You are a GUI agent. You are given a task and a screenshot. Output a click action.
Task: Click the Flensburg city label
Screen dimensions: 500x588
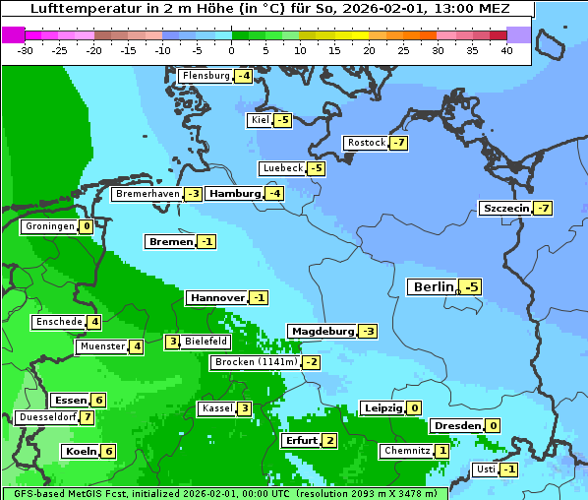(x=206, y=76)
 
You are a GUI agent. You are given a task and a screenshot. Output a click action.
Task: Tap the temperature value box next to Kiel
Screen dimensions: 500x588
(x=283, y=120)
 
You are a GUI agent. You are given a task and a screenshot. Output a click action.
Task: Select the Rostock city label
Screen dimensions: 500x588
(x=366, y=143)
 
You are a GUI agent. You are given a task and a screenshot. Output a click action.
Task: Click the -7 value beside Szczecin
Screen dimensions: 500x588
(x=543, y=208)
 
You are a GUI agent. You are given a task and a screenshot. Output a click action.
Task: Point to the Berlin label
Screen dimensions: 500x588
(x=433, y=286)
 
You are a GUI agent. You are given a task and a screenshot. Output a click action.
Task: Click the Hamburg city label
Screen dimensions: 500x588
(x=234, y=194)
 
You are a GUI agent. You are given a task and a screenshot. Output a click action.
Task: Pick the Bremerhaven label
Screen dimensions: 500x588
(x=147, y=194)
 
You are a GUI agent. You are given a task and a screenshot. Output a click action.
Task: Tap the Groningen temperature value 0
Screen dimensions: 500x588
(x=87, y=226)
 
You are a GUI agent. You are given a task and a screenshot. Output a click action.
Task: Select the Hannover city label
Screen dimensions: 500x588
(x=216, y=297)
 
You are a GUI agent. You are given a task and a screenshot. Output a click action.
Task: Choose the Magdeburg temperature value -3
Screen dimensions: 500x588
(x=368, y=331)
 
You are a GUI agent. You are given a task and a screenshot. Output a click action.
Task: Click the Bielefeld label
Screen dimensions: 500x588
(x=206, y=342)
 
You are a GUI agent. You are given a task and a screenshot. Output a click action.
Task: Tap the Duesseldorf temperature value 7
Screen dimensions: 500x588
(x=88, y=417)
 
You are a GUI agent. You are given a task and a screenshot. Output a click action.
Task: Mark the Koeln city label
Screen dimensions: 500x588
(x=80, y=451)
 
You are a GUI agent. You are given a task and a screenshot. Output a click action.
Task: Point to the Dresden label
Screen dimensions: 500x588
(x=457, y=425)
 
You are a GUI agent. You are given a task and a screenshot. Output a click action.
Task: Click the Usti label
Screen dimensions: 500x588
(x=485, y=469)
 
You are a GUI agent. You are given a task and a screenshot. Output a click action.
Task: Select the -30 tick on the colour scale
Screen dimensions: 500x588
(x=26, y=50)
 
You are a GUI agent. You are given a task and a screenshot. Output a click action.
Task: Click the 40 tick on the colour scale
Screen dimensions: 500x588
(x=506, y=50)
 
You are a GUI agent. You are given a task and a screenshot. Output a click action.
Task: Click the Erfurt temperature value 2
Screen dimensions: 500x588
(x=329, y=440)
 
